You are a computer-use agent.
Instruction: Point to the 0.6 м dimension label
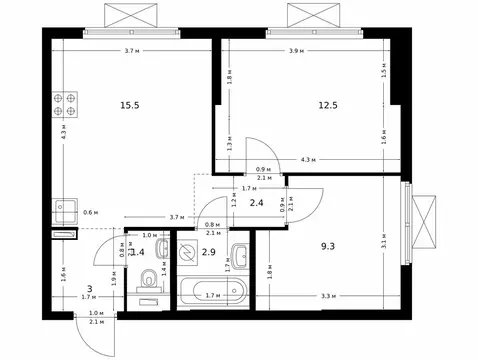pyautogui.click(x=91, y=212)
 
